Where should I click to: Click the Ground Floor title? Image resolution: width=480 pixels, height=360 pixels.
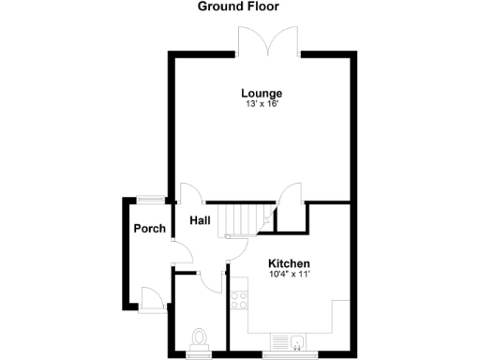coord(237,7)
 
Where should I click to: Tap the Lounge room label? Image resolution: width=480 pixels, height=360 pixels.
coord(262,93)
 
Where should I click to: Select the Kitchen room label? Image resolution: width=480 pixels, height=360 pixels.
coord(289,263)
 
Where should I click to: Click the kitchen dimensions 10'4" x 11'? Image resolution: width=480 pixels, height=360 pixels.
coord(289,274)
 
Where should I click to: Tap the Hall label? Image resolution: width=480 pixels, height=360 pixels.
coord(200,221)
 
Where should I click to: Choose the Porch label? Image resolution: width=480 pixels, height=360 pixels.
coord(149,229)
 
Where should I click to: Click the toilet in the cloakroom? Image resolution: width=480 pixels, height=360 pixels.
coord(199,337)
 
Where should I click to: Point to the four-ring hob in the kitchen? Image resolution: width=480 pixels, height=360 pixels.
coord(239,300)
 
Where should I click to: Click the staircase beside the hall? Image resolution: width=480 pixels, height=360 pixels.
coord(240,220)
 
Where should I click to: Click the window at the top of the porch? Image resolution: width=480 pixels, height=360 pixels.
coord(149,198)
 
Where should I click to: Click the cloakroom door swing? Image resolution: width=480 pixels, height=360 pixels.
coord(210,282)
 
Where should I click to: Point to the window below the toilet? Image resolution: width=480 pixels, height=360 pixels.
coord(199,356)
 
